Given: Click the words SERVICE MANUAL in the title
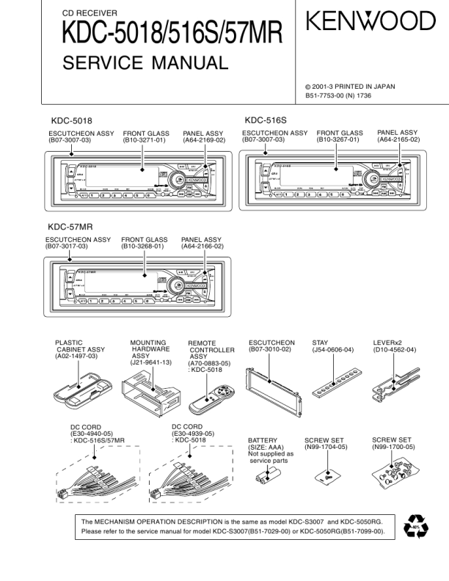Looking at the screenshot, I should point(145,63).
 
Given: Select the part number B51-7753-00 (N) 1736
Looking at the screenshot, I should point(351,95).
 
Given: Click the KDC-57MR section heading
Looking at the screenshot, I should point(70,227).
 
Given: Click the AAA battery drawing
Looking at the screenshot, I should point(263,478).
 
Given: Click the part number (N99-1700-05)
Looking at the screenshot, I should point(393,446).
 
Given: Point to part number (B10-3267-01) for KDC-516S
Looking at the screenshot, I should point(338,139).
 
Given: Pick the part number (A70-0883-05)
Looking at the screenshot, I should point(209,363).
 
